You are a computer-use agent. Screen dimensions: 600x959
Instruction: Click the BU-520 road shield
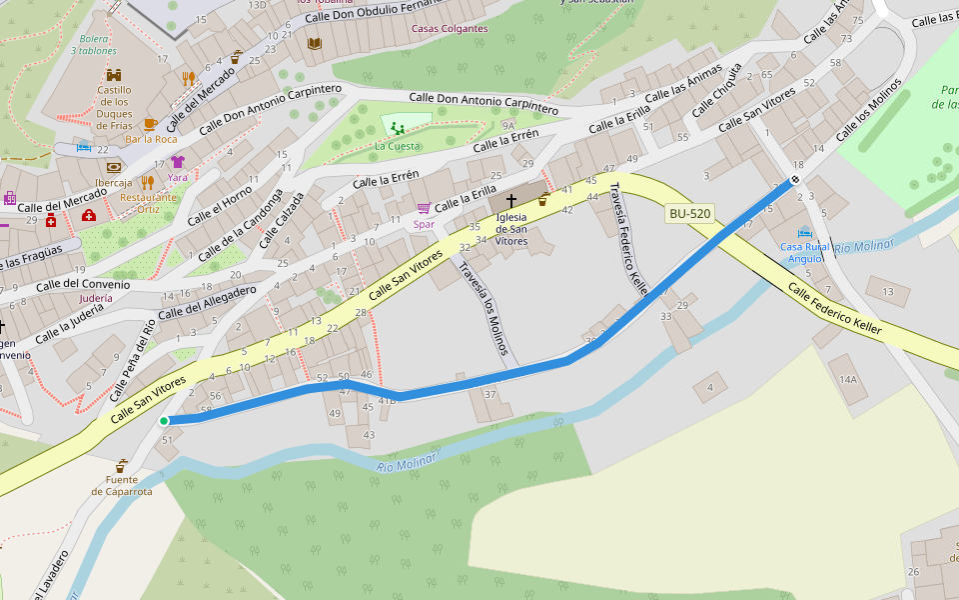click(x=690, y=213)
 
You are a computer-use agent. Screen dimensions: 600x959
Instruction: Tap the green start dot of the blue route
click(x=163, y=421)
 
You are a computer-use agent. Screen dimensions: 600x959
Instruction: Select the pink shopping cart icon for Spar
click(x=424, y=208)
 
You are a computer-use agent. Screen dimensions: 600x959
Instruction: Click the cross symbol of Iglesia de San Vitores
click(x=511, y=201)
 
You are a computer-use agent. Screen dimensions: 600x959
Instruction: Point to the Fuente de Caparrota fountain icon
click(x=121, y=466)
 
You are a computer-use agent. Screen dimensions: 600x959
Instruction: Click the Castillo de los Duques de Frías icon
click(x=114, y=75)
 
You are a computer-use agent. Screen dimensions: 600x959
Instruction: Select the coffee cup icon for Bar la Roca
click(x=150, y=124)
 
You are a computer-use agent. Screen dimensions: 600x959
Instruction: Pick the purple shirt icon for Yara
click(x=178, y=161)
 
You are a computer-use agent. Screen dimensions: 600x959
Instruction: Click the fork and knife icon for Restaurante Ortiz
click(x=148, y=182)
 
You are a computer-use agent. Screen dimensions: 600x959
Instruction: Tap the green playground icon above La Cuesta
click(x=398, y=128)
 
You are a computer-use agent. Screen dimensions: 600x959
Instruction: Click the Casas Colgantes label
click(x=450, y=29)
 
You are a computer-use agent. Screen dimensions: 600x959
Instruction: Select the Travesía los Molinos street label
click(x=484, y=308)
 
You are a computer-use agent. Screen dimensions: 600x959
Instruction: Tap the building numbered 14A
click(x=848, y=379)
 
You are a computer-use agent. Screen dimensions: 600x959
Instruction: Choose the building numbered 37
click(x=490, y=394)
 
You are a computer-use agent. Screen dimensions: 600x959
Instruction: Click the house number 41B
click(x=387, y=400)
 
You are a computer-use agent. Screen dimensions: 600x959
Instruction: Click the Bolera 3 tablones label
click(x=98, y=44)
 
